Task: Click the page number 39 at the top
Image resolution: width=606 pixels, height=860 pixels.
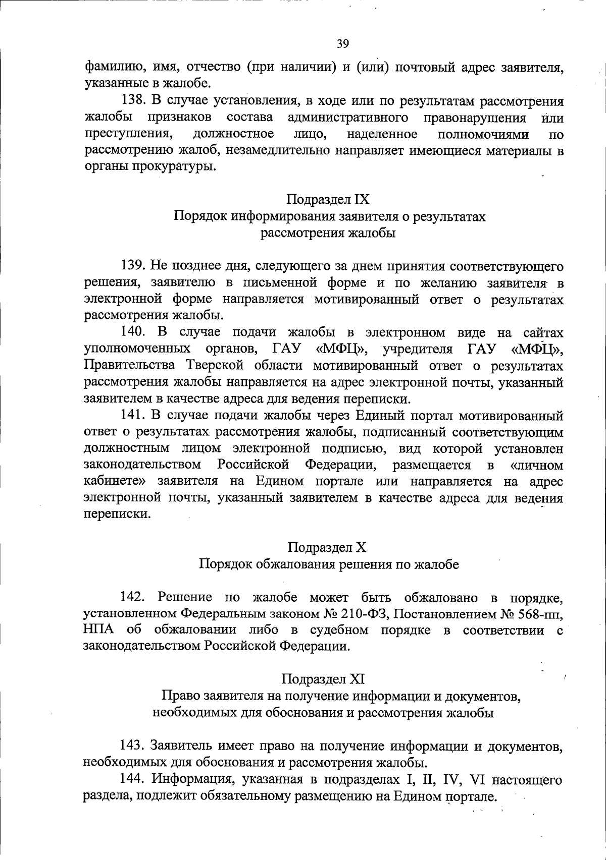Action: point(342,44)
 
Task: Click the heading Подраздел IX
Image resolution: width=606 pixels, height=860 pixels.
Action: point(328,200)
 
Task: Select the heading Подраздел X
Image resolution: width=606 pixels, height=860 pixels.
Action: point(327,547)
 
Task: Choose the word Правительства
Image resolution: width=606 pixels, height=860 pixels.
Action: point(129,366)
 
